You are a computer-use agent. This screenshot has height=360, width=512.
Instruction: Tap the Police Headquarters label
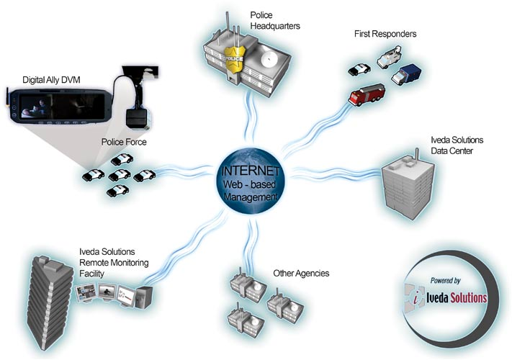coord(275,19)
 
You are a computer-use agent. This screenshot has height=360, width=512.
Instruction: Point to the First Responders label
coord(385,34)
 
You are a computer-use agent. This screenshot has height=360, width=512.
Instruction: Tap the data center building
coord(407,187)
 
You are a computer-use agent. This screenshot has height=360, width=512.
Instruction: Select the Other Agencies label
coord(301,274)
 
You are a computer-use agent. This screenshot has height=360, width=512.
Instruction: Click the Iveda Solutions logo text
coord(457,297)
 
